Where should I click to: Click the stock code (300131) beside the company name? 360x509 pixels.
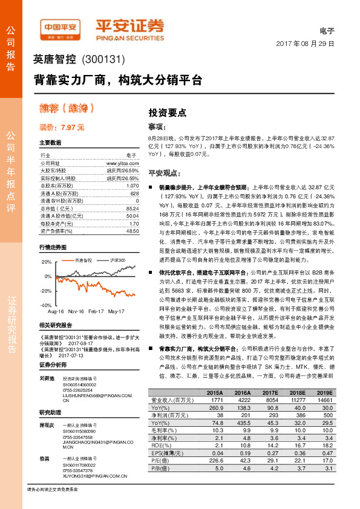pyautogui.click(x=103, y=60)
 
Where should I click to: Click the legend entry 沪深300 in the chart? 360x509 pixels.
pyautogui.click(x=119, y=260)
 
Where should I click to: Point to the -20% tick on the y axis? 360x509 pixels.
pyautogui.click(x=46, y=291)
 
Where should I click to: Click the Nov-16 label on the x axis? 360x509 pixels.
pyautogui.click(x=76, y=311)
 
